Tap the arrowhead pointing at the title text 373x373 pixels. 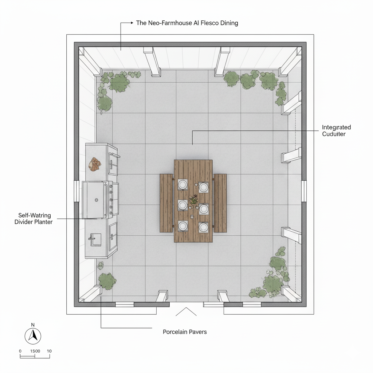[132, 23]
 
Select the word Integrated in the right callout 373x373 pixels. [336, 127]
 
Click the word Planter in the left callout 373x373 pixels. [43, 222]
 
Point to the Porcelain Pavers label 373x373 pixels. [185, 332]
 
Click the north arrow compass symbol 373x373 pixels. [33, 336]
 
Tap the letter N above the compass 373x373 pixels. [33, 325]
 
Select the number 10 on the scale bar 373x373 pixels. [49, 351]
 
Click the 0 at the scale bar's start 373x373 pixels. [20, 351]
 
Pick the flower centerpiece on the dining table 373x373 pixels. [193, 201]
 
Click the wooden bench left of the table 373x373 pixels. [166, 203]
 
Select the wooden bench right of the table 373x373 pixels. [220, 203]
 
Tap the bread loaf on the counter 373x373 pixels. [95, 164]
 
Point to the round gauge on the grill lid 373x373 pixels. [96, 200]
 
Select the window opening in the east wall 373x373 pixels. [304, 191]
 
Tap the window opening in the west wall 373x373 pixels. [76, 191]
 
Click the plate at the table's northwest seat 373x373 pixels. [183, 184]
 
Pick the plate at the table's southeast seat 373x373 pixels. [203, 227]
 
